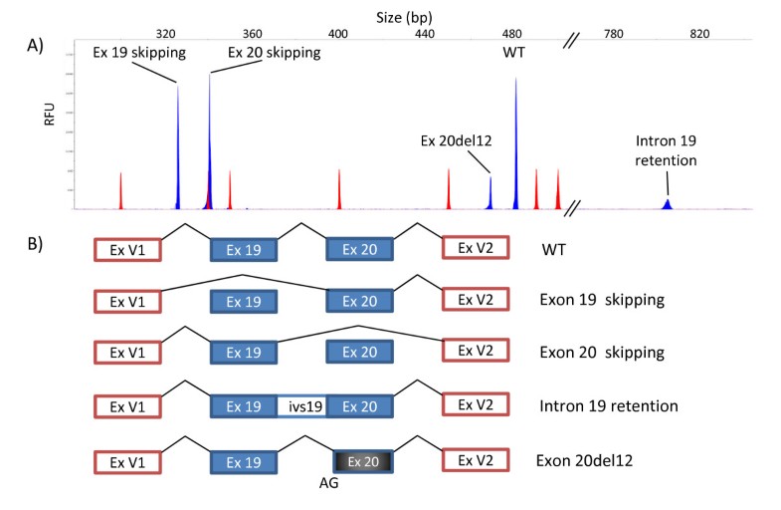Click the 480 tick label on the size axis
(x=513, y=34)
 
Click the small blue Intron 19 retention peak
(x=668, y=204)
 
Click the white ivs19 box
(x=301, y=406)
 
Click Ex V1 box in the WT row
(x=127, y=249)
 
